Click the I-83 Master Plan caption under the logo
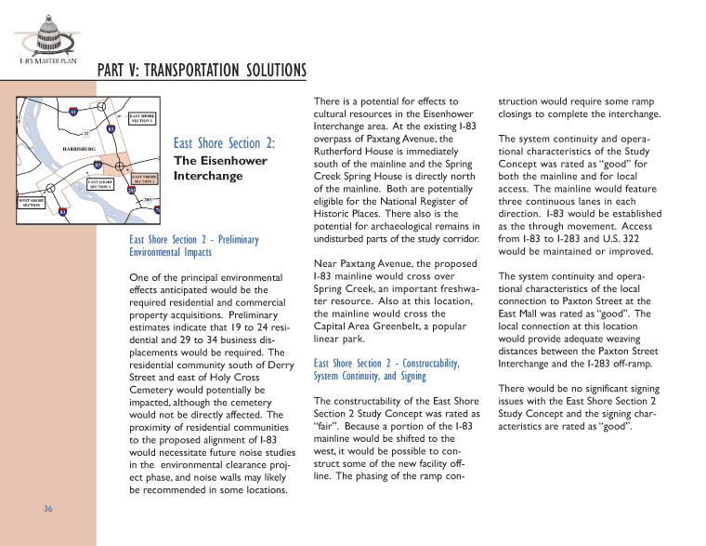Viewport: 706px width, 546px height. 47,62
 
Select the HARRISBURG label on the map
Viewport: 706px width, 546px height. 79,148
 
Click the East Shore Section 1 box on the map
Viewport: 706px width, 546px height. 141,118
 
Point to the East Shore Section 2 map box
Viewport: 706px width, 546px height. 144,177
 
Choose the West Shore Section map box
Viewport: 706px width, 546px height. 32,202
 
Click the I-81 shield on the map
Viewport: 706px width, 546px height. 74,113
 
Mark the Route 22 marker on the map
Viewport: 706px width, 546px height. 86,134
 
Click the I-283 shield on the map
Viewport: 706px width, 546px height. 132,192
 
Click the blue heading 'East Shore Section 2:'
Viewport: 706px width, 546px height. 225,143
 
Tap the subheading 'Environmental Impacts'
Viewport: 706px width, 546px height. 170,252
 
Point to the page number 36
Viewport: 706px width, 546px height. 47,509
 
